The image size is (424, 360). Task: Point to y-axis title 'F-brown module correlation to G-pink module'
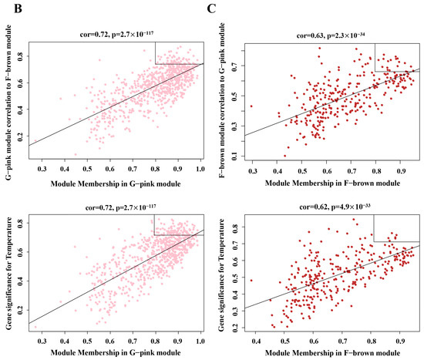click(224, 100)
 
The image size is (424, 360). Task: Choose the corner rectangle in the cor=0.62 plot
click(396, 230)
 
